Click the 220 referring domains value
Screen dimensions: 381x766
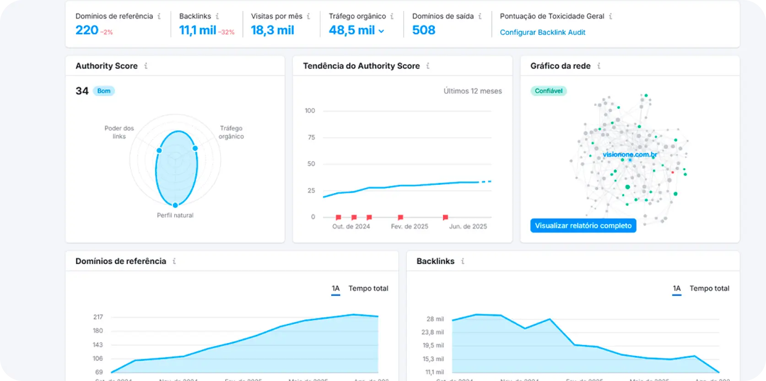coord(87,30)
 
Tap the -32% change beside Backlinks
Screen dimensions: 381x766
coord(226,32)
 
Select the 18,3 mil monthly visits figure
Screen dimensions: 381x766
coord(272,30)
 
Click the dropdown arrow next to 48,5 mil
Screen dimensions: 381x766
coord(381,31)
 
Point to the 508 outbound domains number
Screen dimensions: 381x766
coord(423,30)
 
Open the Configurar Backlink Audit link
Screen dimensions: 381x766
coord(542,32)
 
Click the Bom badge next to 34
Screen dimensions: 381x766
coord(104,91)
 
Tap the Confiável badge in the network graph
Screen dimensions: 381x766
coord(548,91)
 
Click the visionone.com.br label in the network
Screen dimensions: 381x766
coord(630,155)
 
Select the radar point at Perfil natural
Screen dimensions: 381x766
coord(175,205)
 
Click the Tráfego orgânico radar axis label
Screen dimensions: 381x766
coord(231,132)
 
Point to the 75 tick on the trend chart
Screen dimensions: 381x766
coord(312,137)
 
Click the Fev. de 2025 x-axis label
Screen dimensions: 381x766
coord(410,226)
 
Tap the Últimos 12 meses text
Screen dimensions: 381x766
coord(472,91)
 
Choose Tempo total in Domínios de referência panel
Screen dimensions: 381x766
coord(368,289)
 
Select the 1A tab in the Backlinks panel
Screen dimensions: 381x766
coord(676,289)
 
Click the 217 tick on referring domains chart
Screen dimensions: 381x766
coord(98,317)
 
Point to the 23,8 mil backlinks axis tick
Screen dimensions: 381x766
coord(432,333)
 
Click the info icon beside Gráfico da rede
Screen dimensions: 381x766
coord(599,66)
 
